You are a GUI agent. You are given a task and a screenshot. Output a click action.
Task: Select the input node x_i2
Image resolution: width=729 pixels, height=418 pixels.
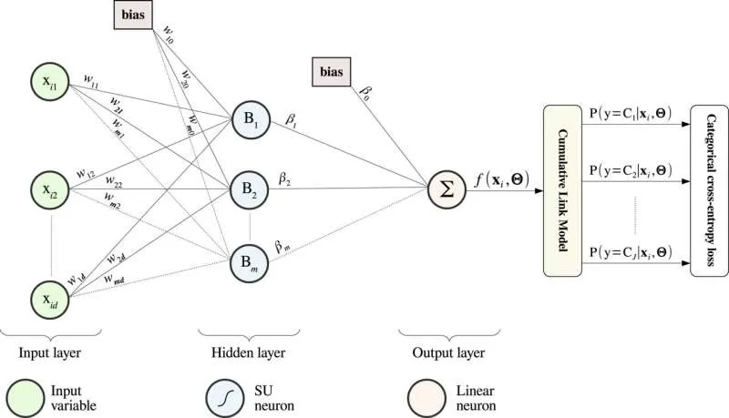[46, 189]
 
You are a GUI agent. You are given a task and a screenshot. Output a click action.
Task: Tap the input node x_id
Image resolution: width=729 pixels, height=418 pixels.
[46, 299]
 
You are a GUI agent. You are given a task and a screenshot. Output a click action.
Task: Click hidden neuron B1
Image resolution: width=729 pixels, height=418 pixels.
[251, 122]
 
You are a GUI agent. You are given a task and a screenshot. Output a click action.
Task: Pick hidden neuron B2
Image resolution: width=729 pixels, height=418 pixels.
[251, 191]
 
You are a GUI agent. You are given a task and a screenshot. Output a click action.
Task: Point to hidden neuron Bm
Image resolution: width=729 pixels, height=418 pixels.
[251, 260]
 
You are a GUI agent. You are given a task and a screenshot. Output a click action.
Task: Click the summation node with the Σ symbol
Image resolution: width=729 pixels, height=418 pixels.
[447, 191]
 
